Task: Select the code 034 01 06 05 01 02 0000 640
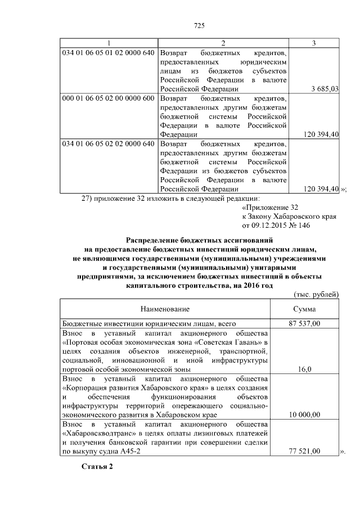pyautogui.click(x=108, y=53)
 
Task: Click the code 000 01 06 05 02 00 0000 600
pyautogui.click(x=108, y=98)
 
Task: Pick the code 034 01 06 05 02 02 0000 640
pyautogui.click(x=108, y=143)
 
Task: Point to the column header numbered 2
pyautogui.click(x=223, y=43)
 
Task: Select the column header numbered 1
pyautogui.click(x=109, y=43)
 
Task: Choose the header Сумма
pyautogui.click(x=304, y=309)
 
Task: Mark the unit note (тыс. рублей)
pyautogui.click(x=316, y=294)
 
